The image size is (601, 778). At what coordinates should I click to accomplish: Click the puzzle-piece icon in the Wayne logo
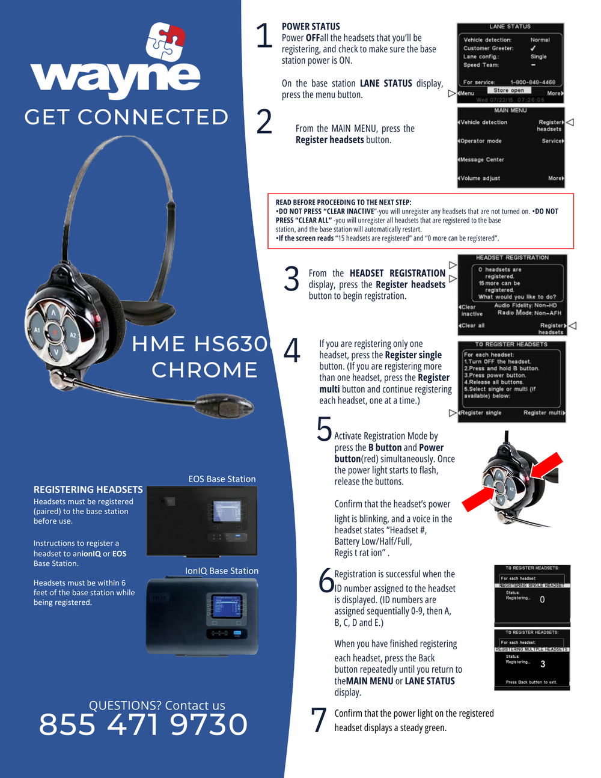pos(165,42)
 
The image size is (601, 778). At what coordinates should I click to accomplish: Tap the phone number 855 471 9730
pos(143,724)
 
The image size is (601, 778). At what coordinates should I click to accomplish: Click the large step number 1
pos(264,36)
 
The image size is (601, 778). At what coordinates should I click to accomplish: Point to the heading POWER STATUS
pos(311,26)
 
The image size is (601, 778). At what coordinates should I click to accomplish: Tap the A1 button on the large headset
pos(37,330)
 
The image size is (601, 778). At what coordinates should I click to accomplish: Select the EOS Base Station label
pos(222,479)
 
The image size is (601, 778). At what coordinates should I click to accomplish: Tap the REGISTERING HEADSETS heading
pos(88,489)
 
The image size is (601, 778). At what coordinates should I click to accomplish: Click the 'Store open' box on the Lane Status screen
pos(508,90)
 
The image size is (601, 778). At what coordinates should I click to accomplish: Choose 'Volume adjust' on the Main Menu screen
pos(480,178)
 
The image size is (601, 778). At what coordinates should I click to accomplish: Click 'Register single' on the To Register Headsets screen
pos(481,412)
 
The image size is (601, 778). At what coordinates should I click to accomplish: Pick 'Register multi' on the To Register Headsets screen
pos(543,412)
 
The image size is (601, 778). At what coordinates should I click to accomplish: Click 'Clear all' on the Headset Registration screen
pos(473,325)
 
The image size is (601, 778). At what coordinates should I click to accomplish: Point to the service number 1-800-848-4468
pos(532,82)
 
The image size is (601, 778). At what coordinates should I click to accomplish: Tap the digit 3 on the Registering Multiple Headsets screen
pos(543,664)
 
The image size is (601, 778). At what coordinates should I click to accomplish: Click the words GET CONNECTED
pos(126,117)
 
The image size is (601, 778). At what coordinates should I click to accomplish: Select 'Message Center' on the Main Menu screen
pos(482,159)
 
